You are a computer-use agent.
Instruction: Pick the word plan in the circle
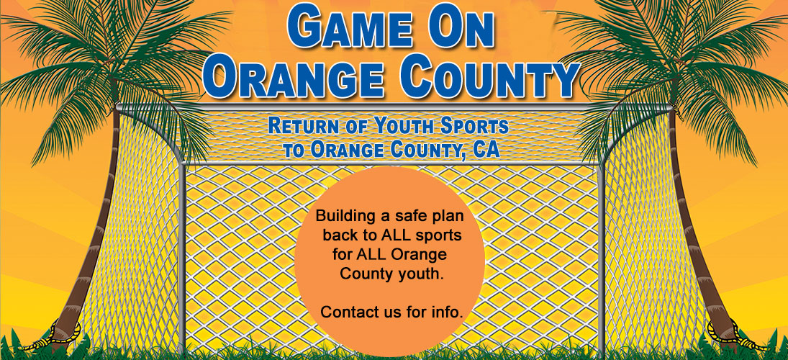444,215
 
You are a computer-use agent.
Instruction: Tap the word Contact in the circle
346,312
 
